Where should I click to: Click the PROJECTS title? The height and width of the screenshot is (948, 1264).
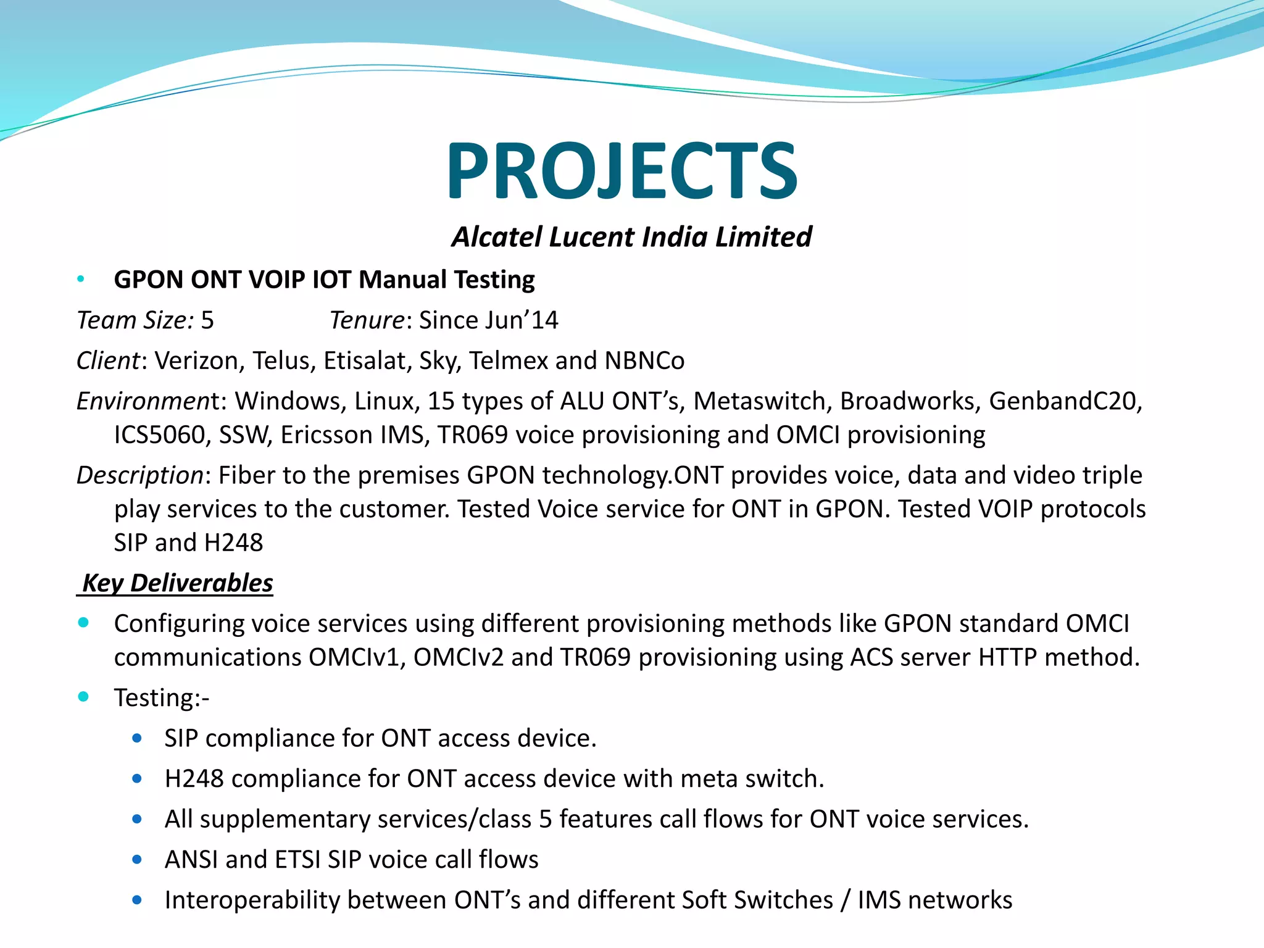pyautogui.click(x=622, y=171)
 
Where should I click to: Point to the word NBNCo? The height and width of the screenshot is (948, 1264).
pyautogui.click(x=644, y=361)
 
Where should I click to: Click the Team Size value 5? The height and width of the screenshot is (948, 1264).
pyautogui.click(x=207, y=320)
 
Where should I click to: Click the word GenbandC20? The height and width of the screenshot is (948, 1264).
pyautogui.click(x=1065, y=401)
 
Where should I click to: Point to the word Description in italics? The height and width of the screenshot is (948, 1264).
pyautogui.click(x=139, y=475)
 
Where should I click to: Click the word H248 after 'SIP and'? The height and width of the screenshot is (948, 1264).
pyautogui.click(x=233, y=543)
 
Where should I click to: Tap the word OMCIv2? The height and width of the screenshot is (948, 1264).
pyautogui.click(x=458, y=657)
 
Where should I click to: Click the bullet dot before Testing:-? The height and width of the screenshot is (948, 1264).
pyautogui.click(x=83, y=697)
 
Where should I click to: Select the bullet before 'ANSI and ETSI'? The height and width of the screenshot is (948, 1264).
pyautogui.click(x=137, y=859)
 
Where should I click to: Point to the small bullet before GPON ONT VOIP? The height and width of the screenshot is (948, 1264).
pyautogui.click(x=80, y=280)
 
